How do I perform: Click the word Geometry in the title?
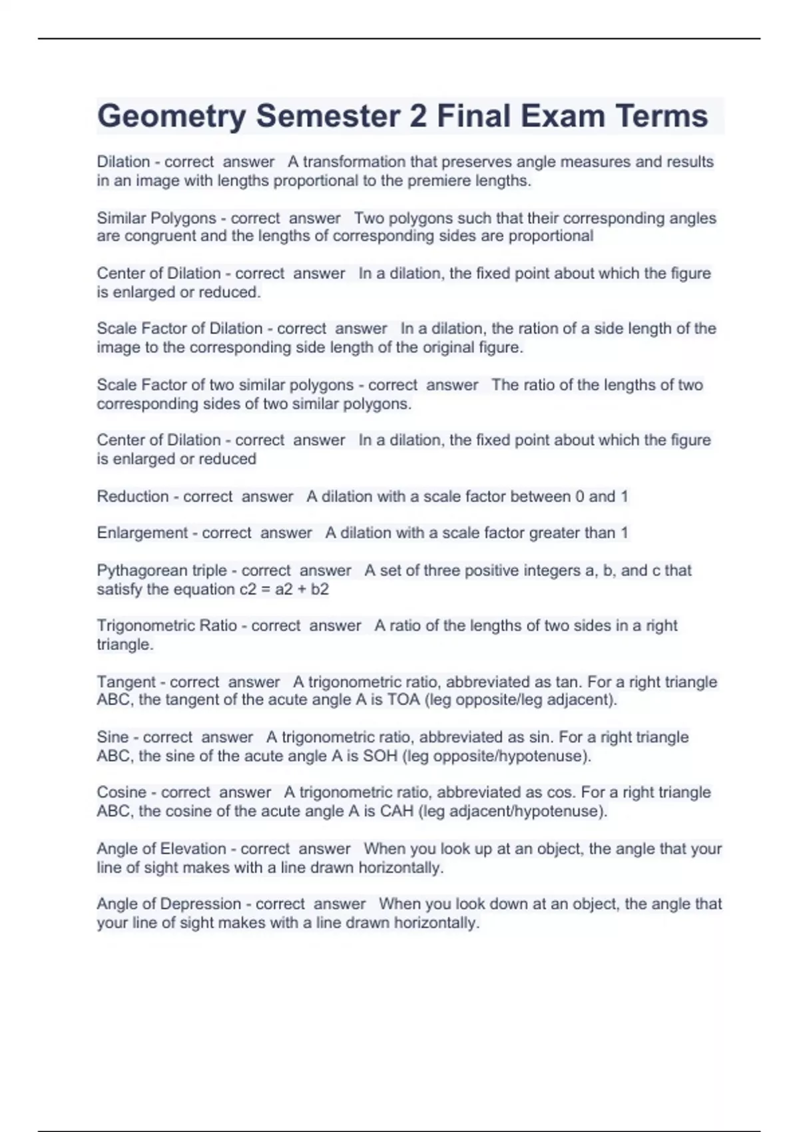coord(171,117)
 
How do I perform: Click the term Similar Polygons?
coord(156,218)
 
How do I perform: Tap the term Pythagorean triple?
coord(161,571)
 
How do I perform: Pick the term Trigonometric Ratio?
coord(166,626)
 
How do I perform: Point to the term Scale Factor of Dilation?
coord(179,329)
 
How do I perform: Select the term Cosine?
coord(121,792)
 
